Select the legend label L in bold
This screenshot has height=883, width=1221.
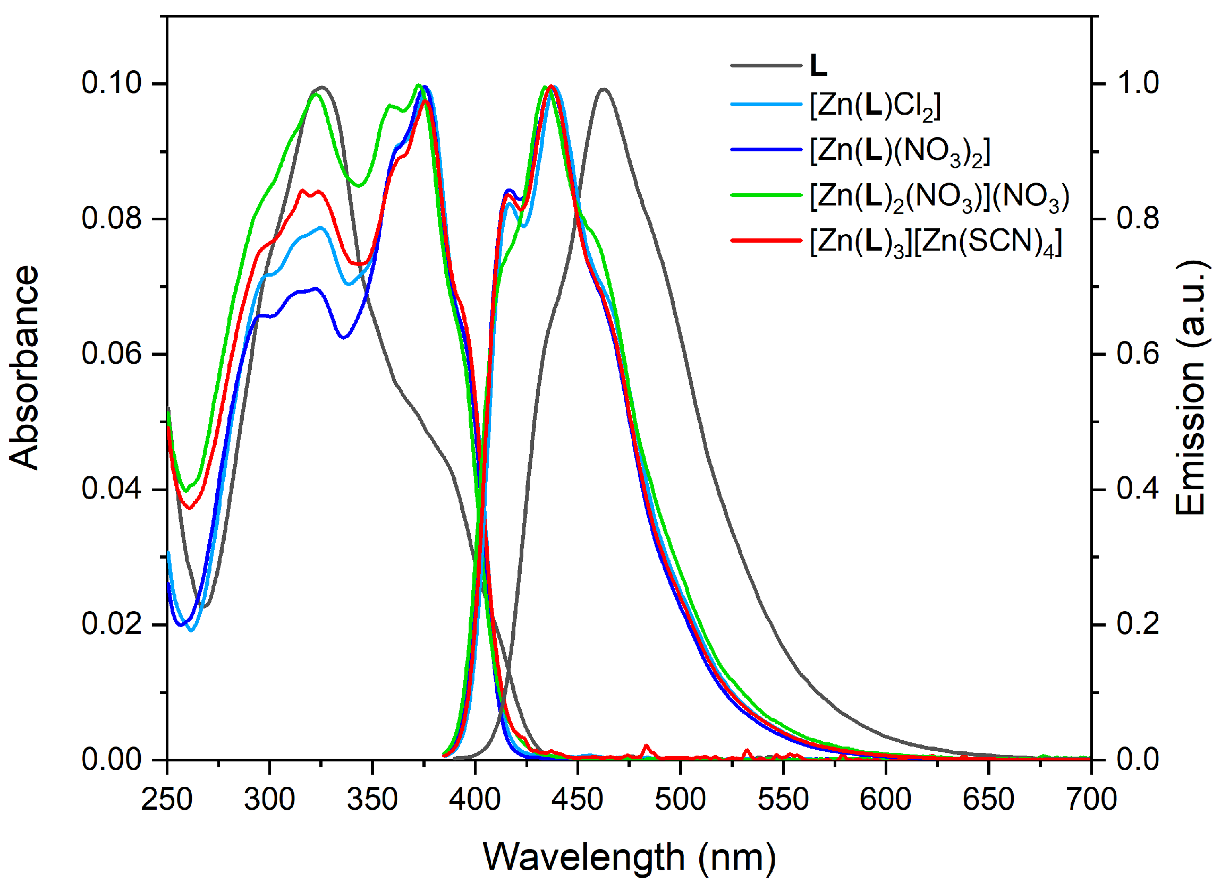pos(818,66)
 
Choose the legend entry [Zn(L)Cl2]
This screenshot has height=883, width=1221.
pos(875,106)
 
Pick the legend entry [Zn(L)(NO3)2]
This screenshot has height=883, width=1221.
pos(900,151)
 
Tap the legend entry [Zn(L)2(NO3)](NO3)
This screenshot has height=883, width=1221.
pos(939,197)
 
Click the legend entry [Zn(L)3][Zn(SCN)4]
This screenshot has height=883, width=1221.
pos(936,243)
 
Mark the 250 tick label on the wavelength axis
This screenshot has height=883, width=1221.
pos(167,800)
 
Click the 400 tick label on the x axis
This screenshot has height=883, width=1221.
pos(475,800)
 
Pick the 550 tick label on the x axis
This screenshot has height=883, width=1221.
pos(783,800)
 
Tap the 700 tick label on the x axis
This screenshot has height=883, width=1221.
pos(1091,800)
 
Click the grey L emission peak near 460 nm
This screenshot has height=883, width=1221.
pos(604,89)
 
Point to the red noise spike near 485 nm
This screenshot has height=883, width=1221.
pos(646,747)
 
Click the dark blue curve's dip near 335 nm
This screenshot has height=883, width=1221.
pos(344,337)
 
